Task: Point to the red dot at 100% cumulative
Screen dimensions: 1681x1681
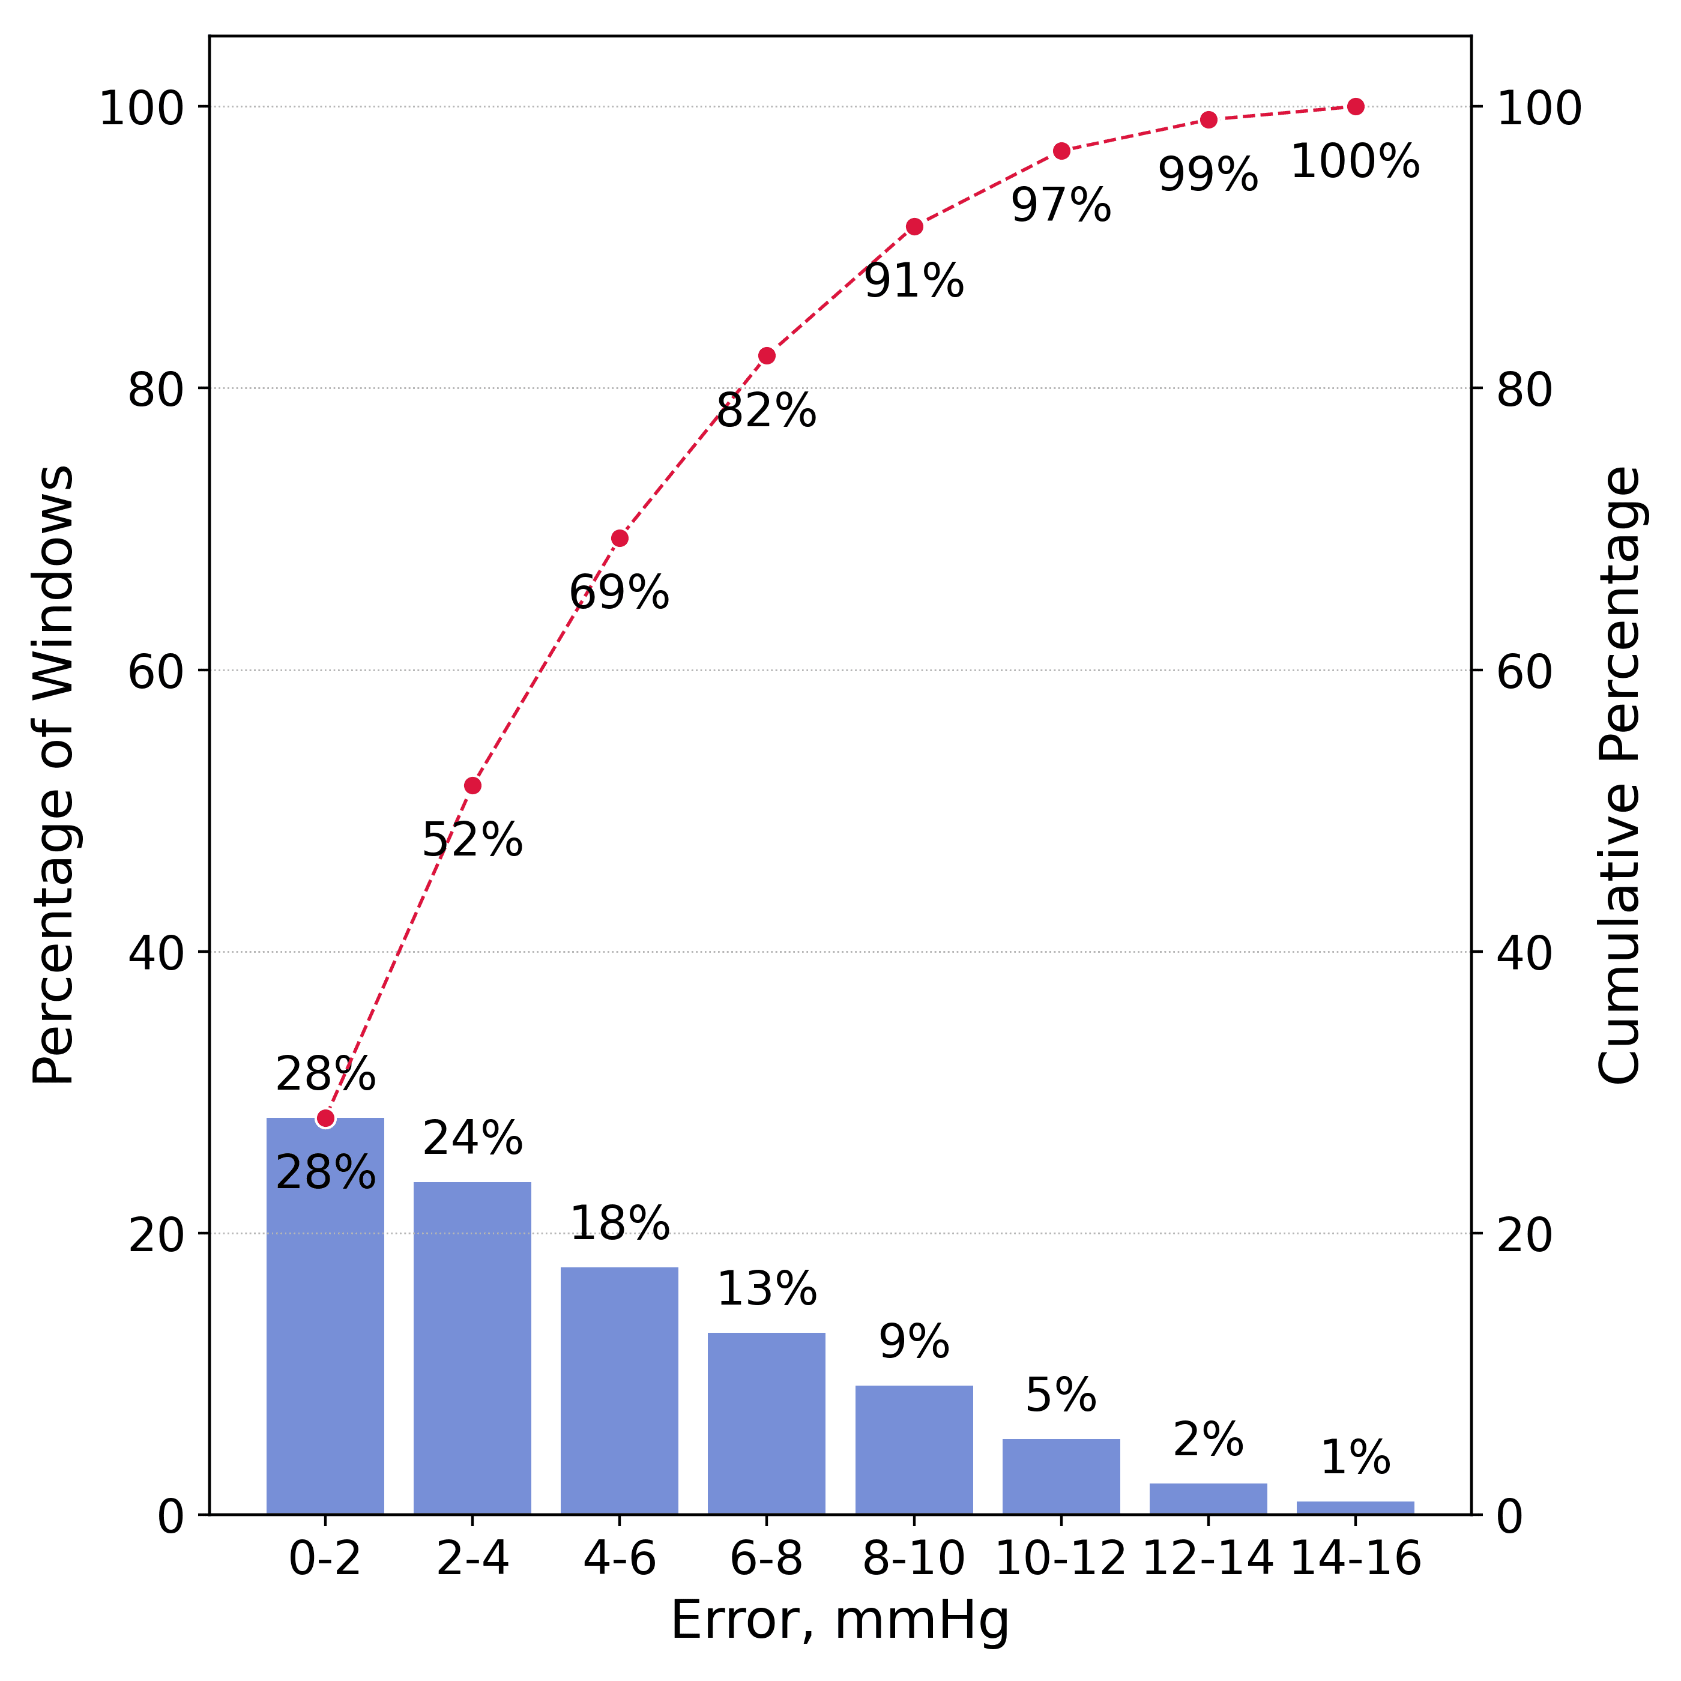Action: point(1355,107)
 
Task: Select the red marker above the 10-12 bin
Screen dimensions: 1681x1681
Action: point(1061,151)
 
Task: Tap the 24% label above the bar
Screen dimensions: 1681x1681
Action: point(472,1139)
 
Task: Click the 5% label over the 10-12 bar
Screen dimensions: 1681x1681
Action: point(1061,1396)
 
